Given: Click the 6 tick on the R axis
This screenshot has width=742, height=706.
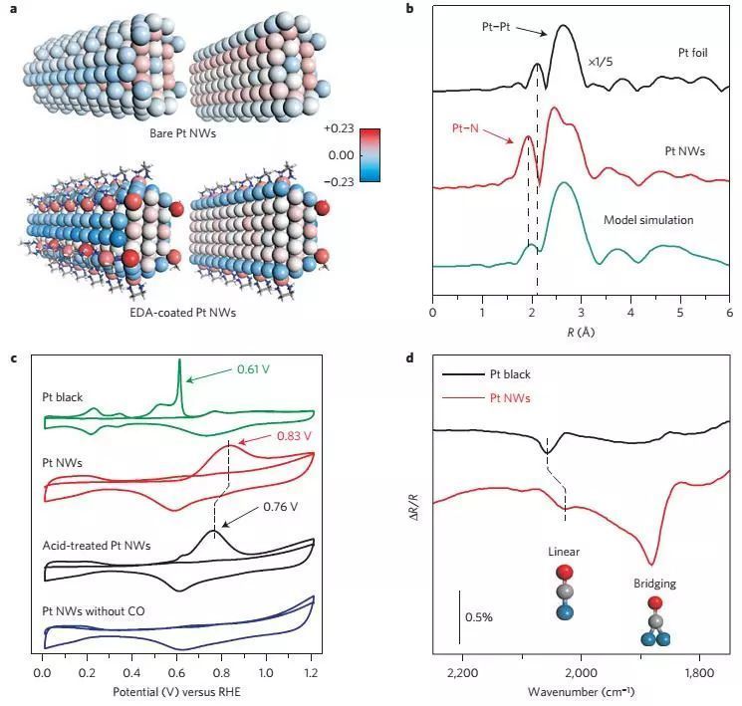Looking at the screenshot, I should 729,312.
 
